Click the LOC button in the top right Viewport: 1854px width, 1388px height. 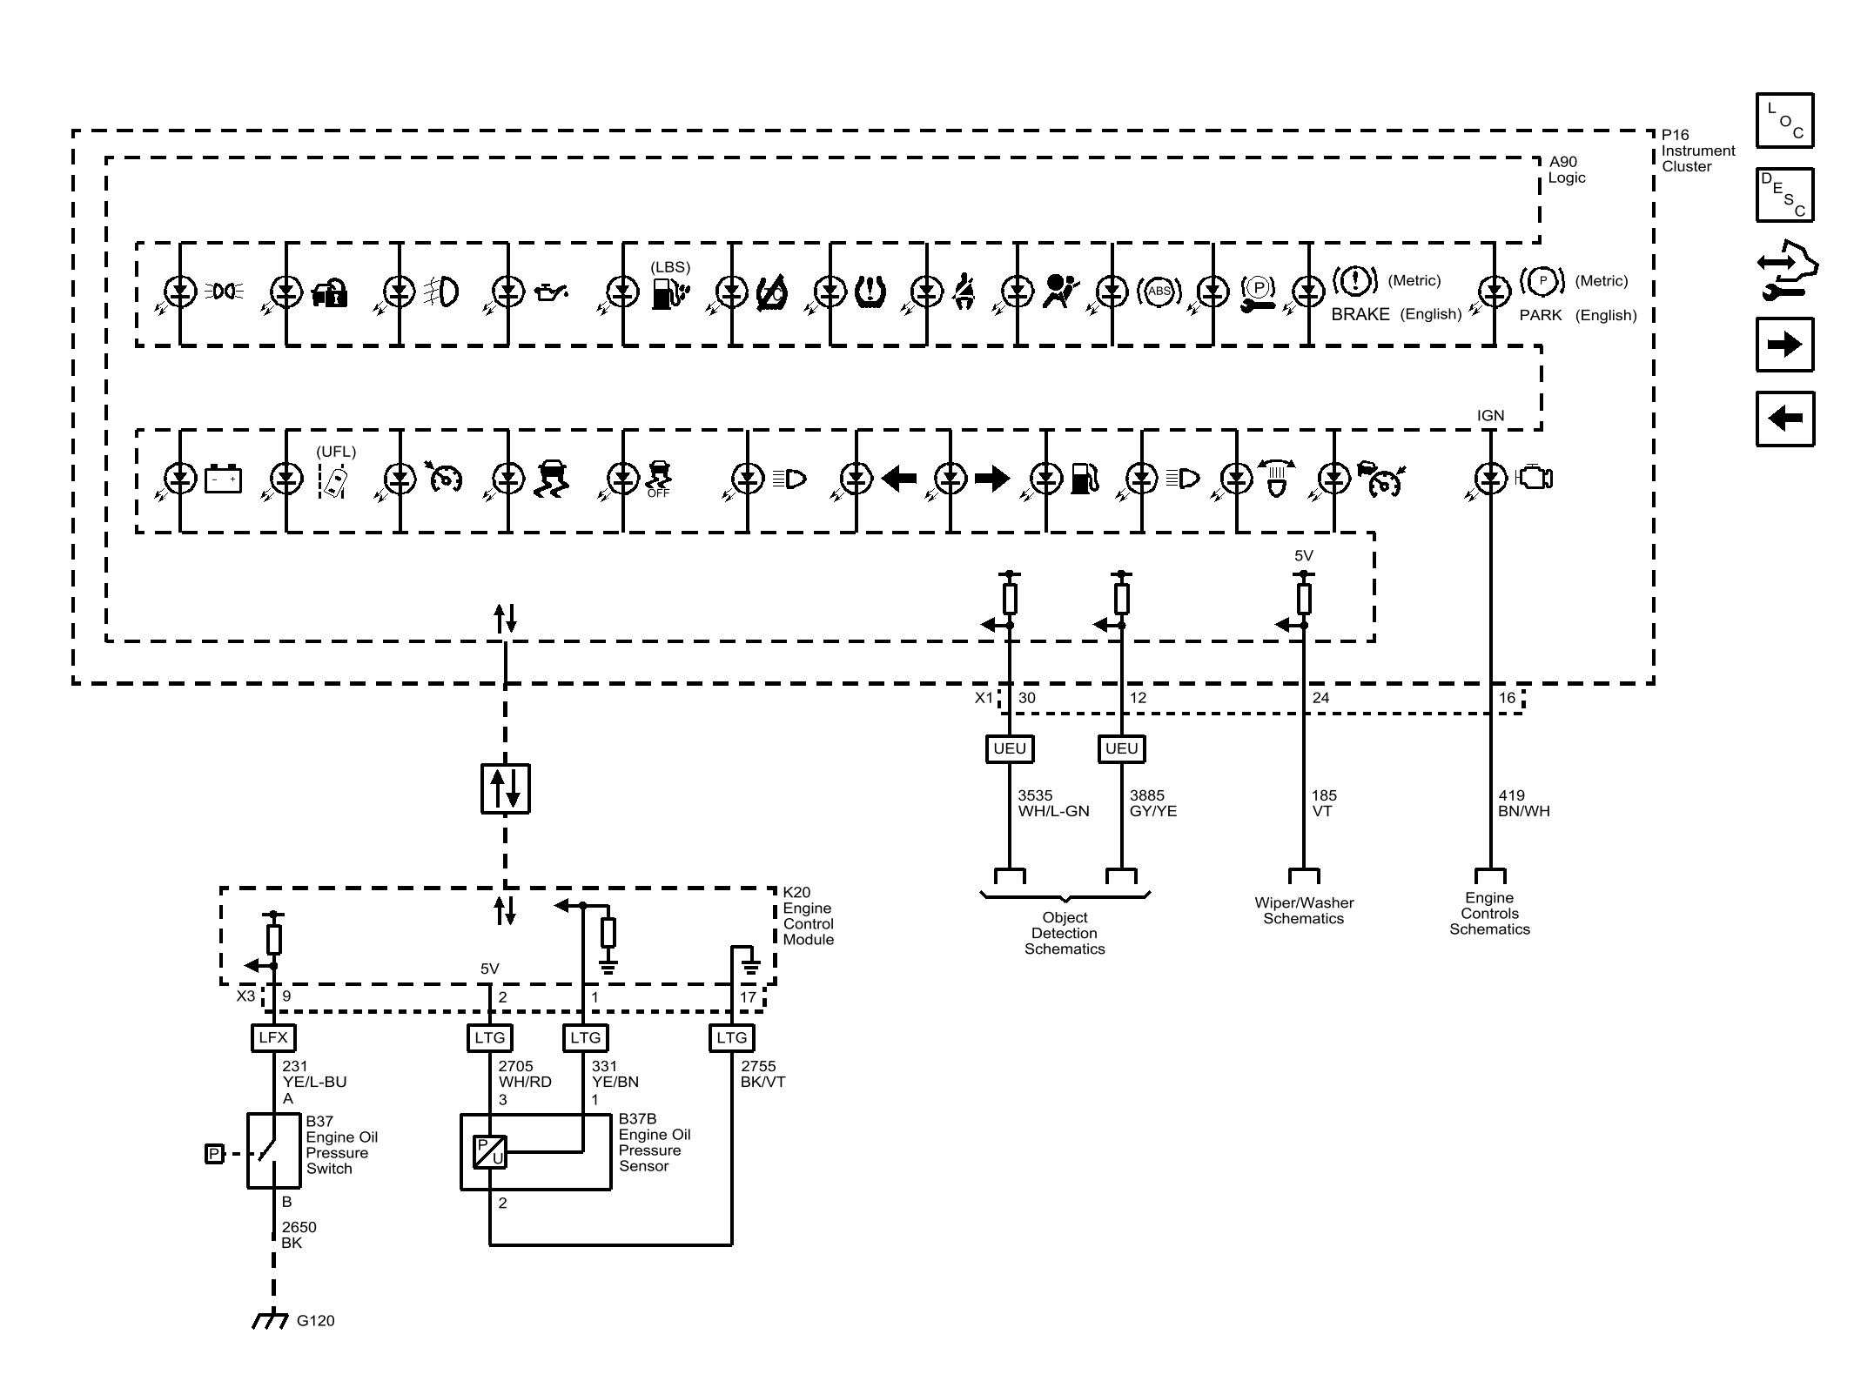pos(1784,120)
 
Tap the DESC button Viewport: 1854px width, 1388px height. pos(1784,195)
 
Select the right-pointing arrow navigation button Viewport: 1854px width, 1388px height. pos(1784,345)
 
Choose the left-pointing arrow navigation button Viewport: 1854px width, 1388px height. pos(1784,419)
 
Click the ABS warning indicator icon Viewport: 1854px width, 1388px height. pos(1159,292)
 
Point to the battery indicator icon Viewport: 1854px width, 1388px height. pos(223,479)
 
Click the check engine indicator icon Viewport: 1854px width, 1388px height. pos(1535,478)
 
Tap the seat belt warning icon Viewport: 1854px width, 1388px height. pos(964,292)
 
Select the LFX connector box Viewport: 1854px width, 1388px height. pos(273,1037)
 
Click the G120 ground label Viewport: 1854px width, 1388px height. pos(315,1320)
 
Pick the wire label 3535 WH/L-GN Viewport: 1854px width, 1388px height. pos(1053,803)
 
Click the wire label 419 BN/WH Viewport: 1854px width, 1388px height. pos(1523,803)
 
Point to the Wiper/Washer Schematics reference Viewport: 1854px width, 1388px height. pos(1304,910)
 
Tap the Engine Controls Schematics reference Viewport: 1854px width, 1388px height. pos(1489,913)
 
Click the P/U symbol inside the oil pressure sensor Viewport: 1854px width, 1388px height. pos(489,1152)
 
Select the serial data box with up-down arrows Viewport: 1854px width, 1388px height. pos(506,788)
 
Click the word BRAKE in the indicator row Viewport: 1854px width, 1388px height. pos(1360,314)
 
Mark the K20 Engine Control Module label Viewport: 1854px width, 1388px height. pos(809,915)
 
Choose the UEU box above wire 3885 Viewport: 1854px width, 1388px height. pos(1121,748)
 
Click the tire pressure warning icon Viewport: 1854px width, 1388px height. pos(870,292)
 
